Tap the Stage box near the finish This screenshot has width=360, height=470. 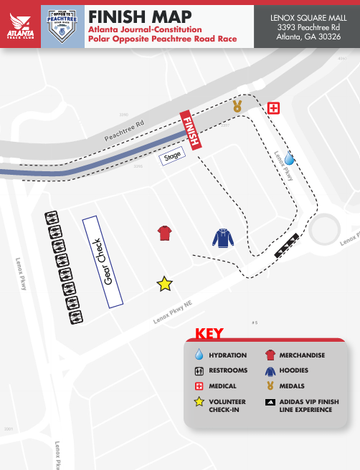(173, 155)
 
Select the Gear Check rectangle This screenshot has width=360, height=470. (103, 262)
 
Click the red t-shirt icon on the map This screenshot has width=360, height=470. (166, 234)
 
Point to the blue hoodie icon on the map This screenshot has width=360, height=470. (223, 239)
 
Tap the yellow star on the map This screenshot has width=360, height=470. (165, 284)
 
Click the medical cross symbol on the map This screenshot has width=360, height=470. (273, 108)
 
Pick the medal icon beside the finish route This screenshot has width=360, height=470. (237, 107)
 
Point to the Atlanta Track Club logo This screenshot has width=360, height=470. (20, 27)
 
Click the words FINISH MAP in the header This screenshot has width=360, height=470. (140, 16)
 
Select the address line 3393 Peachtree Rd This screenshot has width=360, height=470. (306, 27)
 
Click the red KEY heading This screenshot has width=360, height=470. (209, 334)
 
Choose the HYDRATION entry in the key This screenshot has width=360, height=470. (227, 355)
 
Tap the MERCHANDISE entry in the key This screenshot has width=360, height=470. (302, 355)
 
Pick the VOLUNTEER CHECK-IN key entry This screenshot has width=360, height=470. (227, 406)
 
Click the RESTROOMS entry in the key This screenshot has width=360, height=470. (228, 370)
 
